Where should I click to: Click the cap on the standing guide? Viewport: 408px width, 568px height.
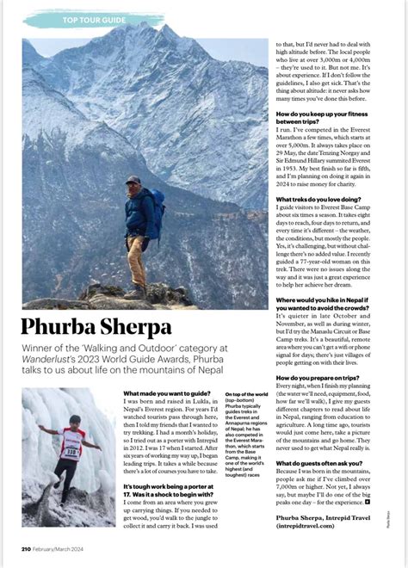132,180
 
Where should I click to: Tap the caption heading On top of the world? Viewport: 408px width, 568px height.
246,394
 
